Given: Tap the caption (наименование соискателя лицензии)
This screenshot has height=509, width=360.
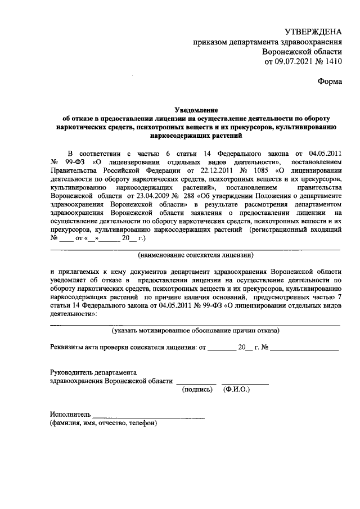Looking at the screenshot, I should (x=196, y=255).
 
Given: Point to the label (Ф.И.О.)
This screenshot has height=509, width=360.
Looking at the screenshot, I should (x=237, y=389).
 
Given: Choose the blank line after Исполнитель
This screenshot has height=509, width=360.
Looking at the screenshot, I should (x=148, y=417).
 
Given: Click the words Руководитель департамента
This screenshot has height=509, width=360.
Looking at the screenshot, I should (x=93, y=372).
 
